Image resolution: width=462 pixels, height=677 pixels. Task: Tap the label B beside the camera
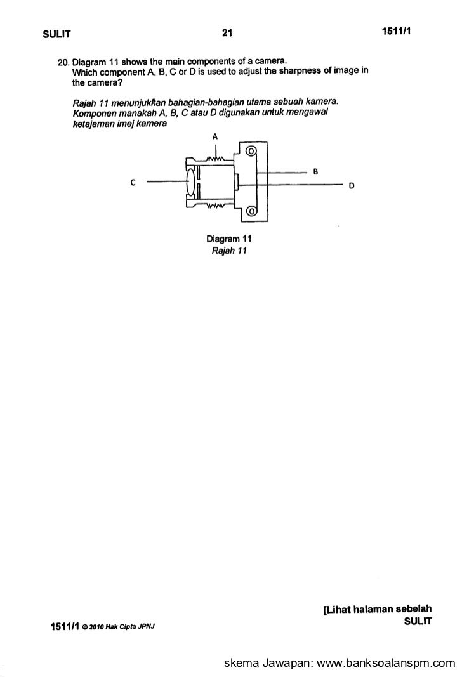pyautogui.click(x=315, y=171)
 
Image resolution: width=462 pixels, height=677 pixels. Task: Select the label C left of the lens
pyautogui.click(x=132, y=183)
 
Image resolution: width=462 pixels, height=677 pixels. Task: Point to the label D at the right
pyautogui.click(x=352, y=185)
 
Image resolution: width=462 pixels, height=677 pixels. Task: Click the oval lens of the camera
pyautogui.click(x=192, y=182)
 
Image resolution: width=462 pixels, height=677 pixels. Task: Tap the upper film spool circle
pyautogui.click(x=251, y=152)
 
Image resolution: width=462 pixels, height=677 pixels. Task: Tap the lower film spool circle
pyautogui.click(x=251, y=211)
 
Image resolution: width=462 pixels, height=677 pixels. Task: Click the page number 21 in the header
pyautogui.click(x=228, y=33)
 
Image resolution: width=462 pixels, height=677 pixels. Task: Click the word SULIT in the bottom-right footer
pyautogui.click(x=418, y=622)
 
